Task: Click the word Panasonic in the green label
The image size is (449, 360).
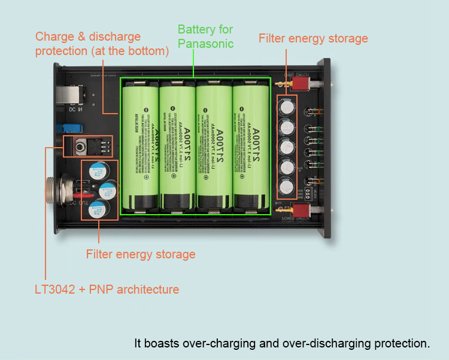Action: pyautogui.click(x=205, y=44)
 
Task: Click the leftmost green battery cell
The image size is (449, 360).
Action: pyautogui.click(x=139, y=147)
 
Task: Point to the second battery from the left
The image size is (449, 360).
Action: pyautogui.click(x=177, y=147)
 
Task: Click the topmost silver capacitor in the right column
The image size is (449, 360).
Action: pyautogui.click(x=287, y=108)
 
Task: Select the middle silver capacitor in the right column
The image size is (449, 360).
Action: pyautogui.click(x=287, y=147)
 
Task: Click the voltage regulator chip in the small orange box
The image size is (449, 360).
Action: pyautogui.click(x=81, y=145)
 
